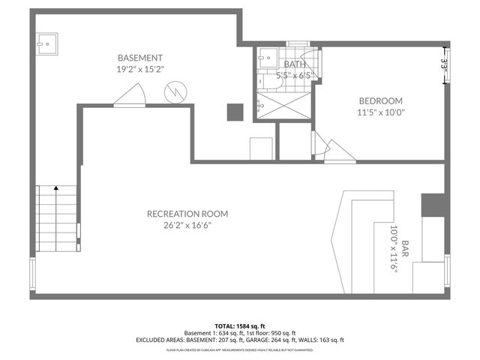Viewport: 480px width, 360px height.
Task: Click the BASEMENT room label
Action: [x=140, y=58]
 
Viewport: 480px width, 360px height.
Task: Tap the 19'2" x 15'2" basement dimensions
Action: [x=140, y=69]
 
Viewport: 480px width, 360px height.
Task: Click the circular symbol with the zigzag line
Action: [x=173, y=93]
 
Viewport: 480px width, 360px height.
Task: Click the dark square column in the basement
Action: [x=235, y=112]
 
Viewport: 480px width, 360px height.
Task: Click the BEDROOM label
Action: [x=380, y=101]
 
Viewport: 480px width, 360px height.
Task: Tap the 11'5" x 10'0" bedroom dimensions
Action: [x=380, y=113]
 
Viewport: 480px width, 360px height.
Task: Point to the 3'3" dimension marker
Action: [x=444, y=65]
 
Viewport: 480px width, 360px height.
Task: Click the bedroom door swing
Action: [x=334, y=150]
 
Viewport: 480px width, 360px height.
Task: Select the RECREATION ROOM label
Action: [x=187, y=214]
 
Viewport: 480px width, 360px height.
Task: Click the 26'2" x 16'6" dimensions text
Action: [x=187, y=225]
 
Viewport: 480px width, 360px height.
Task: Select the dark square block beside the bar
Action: [x=433, y=204]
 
